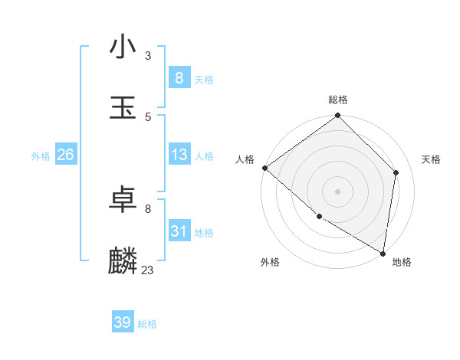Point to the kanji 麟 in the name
(x=123, y=261)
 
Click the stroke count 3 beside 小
(x=148, y=55)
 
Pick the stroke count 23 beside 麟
(x=147, y=270)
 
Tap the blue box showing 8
(x=179, y=77)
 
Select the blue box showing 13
(x=179, y=155)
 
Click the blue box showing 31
(x=179, y=231)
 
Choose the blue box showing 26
(x=65, y=155)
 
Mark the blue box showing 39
(x=123, y=322)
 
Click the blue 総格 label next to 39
(x=147, y=324)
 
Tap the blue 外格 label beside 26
(x=41, y=156)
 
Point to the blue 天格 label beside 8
(x=204, y=79)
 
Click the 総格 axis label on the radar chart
(x=338, y=100)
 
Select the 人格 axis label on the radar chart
(x=245, y=159)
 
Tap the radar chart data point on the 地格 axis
(x=383, y=253)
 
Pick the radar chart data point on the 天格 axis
(x=396, y=172)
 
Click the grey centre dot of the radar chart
(x=338, y=191)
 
